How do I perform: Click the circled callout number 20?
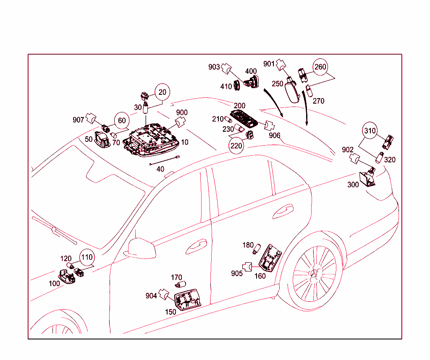(163, 92)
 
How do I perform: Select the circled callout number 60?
(121, 120)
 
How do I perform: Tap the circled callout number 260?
(320, 67)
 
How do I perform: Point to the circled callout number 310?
(370, 131)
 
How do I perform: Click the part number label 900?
(182, 112)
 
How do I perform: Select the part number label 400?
(251, 71)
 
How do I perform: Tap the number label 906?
(275, 135)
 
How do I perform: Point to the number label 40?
(160, 169)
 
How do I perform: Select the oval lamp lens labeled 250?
(292, 91)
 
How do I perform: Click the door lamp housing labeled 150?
(187, 300)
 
